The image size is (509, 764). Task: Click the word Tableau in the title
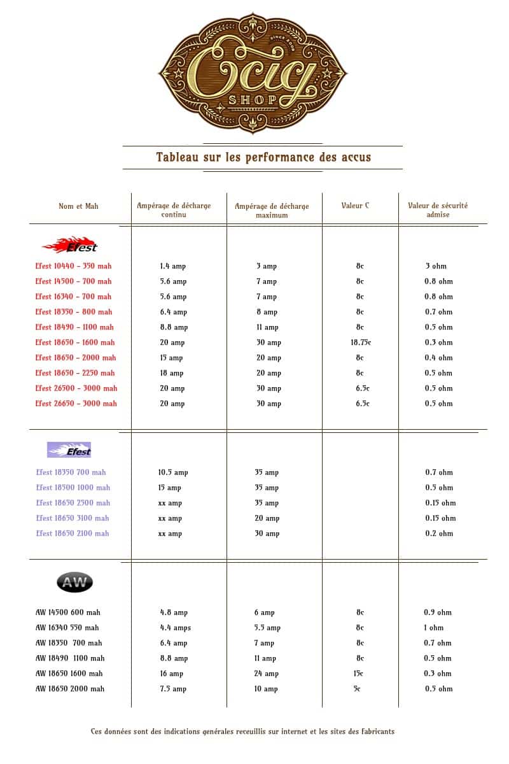point(178,157)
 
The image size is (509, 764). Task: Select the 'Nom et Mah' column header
point(78,206)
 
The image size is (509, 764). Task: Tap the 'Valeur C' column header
point(355,206)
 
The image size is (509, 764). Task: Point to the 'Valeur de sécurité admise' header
point(438,210)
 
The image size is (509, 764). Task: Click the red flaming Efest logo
point(70,245)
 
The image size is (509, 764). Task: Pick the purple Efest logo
point(69,450)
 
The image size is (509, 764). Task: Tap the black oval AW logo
point(74,583)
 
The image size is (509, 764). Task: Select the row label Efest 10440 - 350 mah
point(73,266)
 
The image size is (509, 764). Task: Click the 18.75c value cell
point(360,343)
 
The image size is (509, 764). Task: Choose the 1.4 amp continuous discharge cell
point(173,266)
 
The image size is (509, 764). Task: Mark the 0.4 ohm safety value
point(438,358)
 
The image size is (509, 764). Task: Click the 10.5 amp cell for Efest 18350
point(173,472)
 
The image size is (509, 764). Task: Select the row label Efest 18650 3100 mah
point(73,518)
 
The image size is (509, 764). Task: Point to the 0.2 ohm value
point(439,534)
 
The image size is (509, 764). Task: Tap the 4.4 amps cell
point(175,628)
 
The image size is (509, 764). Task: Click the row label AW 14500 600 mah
point(68,612)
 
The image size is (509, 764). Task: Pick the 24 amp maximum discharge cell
point(267,674)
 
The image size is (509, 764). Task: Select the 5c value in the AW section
point(356,689)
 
